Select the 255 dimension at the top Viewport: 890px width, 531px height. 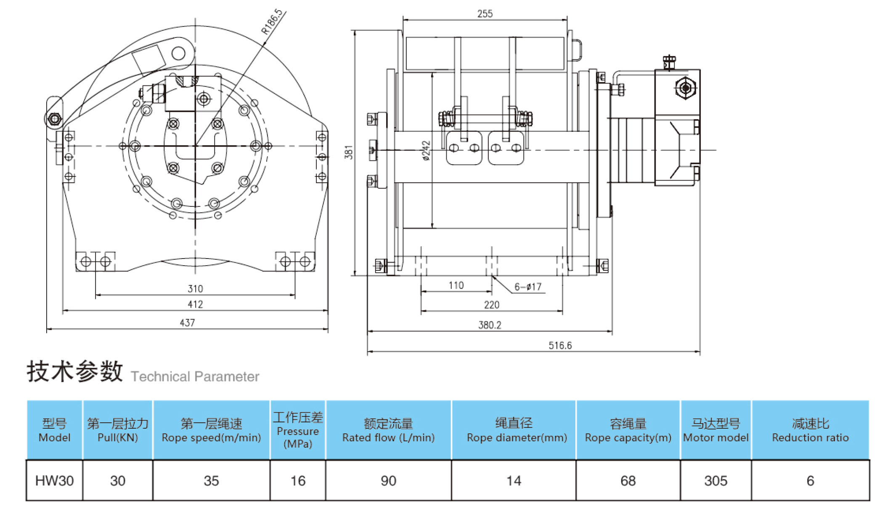pos(485,14)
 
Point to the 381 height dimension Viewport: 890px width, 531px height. pos(349,152)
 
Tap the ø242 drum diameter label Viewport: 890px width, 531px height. pos(426,151)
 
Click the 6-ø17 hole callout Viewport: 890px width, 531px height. pos(528,287)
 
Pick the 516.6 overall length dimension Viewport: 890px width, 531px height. pos(560,346)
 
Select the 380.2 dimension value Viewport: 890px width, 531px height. pos(490,325)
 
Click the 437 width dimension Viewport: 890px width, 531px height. pos(187,323)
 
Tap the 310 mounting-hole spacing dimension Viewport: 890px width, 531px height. pos(195,289)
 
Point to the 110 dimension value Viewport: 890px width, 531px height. pos(456,286)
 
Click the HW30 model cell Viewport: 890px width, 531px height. pos(54,481)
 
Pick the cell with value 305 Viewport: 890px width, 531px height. pos(715,481)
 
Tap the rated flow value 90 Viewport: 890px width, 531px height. pos(388,481)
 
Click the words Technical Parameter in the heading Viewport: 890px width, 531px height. pos(195,376)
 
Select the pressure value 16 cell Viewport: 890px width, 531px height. pos(298,481)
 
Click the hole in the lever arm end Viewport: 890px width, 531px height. pos(178,53)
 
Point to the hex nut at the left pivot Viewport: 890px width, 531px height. pos(55,119)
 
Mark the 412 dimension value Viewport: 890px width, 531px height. pos(195,304)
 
